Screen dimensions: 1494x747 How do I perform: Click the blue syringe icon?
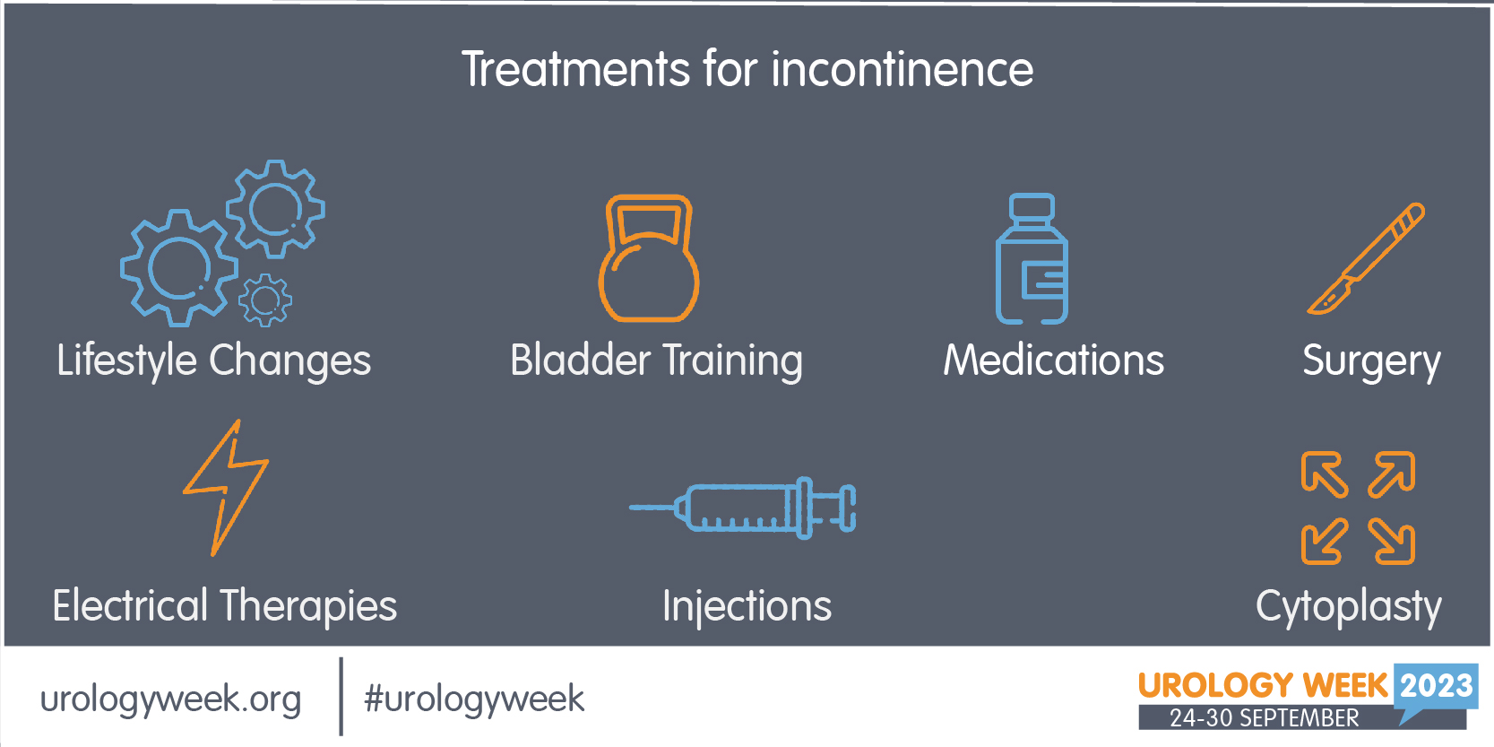[x=742, y=508]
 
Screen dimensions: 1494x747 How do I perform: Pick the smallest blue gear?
[x=264, y=300]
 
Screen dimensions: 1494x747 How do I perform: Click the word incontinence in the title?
[x=902, y=69]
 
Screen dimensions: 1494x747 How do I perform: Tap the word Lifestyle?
[x=126, y=361]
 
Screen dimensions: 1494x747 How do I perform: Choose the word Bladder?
[x=580, y=360]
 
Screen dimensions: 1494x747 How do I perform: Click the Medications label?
[x=1054, y=360]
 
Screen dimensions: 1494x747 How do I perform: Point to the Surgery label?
[x=1371, y=361]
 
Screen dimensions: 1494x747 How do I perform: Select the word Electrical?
[x=131, y=605]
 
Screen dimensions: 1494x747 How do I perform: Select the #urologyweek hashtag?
[x=474, y=699]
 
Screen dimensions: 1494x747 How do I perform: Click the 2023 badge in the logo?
[x=1436, y=686]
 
